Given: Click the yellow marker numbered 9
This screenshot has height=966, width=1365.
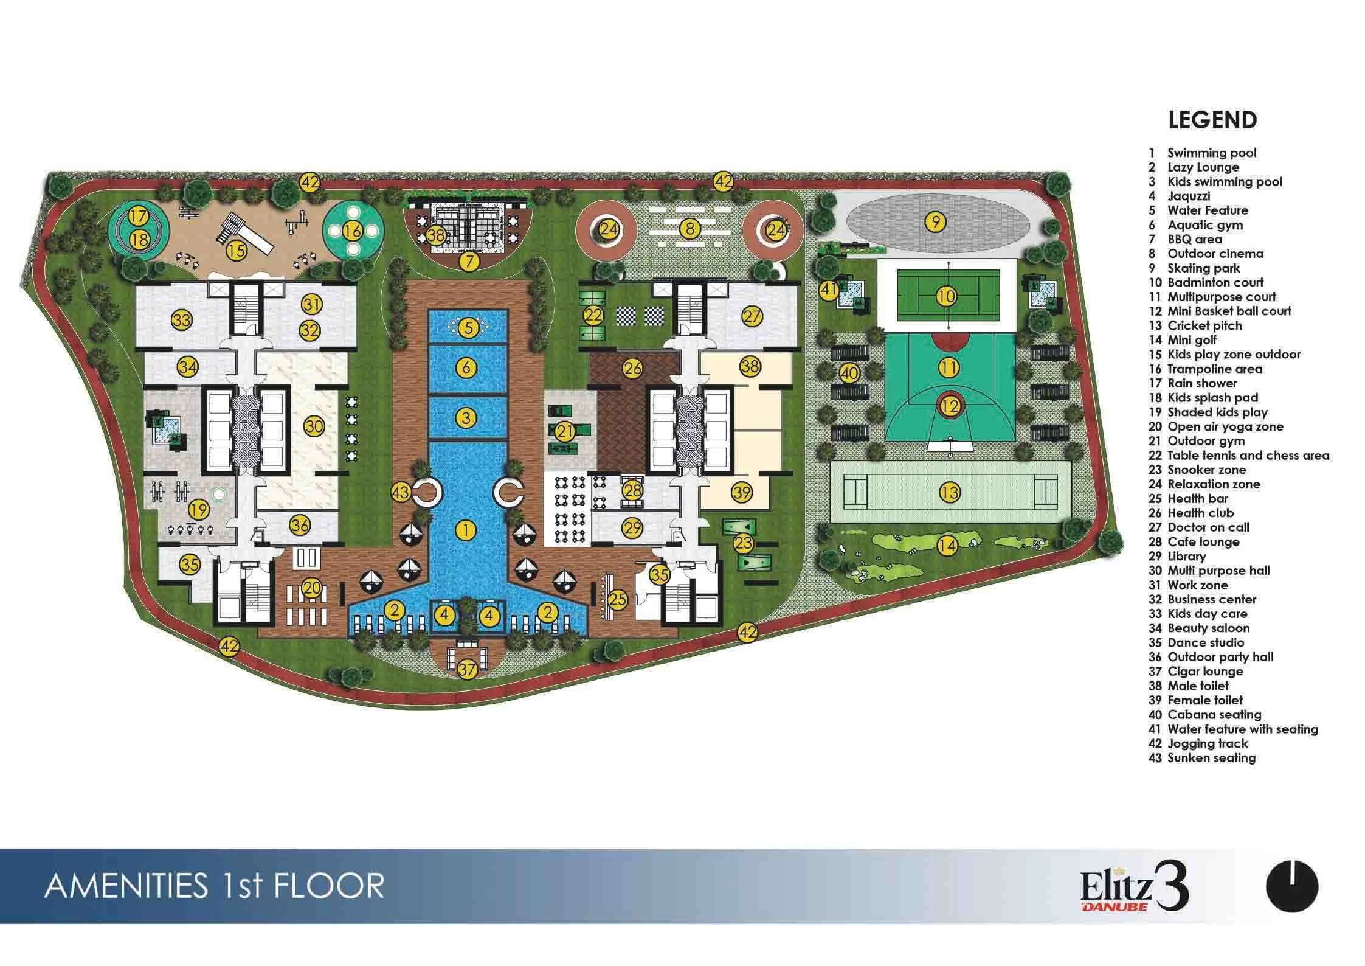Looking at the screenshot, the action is [935, 221].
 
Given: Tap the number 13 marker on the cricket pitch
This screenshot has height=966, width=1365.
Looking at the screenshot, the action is [950, 492].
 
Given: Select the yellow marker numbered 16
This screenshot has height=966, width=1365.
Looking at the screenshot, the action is [353, 231].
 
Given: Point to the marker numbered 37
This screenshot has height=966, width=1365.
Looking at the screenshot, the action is [467, 670].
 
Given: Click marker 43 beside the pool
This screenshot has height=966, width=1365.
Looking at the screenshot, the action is [401, 492].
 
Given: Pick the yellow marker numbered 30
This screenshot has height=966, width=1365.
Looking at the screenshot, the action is [314, 426].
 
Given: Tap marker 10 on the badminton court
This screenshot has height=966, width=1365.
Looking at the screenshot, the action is [947, 297].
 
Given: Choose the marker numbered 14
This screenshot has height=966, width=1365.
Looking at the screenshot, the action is [947, 546].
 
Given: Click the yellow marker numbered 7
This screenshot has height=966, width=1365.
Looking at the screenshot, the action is [469, 262].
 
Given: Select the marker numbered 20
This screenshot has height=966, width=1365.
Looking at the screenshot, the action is [312, 588].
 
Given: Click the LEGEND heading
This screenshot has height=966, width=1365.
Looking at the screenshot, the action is [1212, 120].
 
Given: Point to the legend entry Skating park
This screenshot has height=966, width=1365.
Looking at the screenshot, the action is [1195, 268].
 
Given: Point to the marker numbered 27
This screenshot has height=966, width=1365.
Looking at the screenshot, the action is [752, 316].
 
